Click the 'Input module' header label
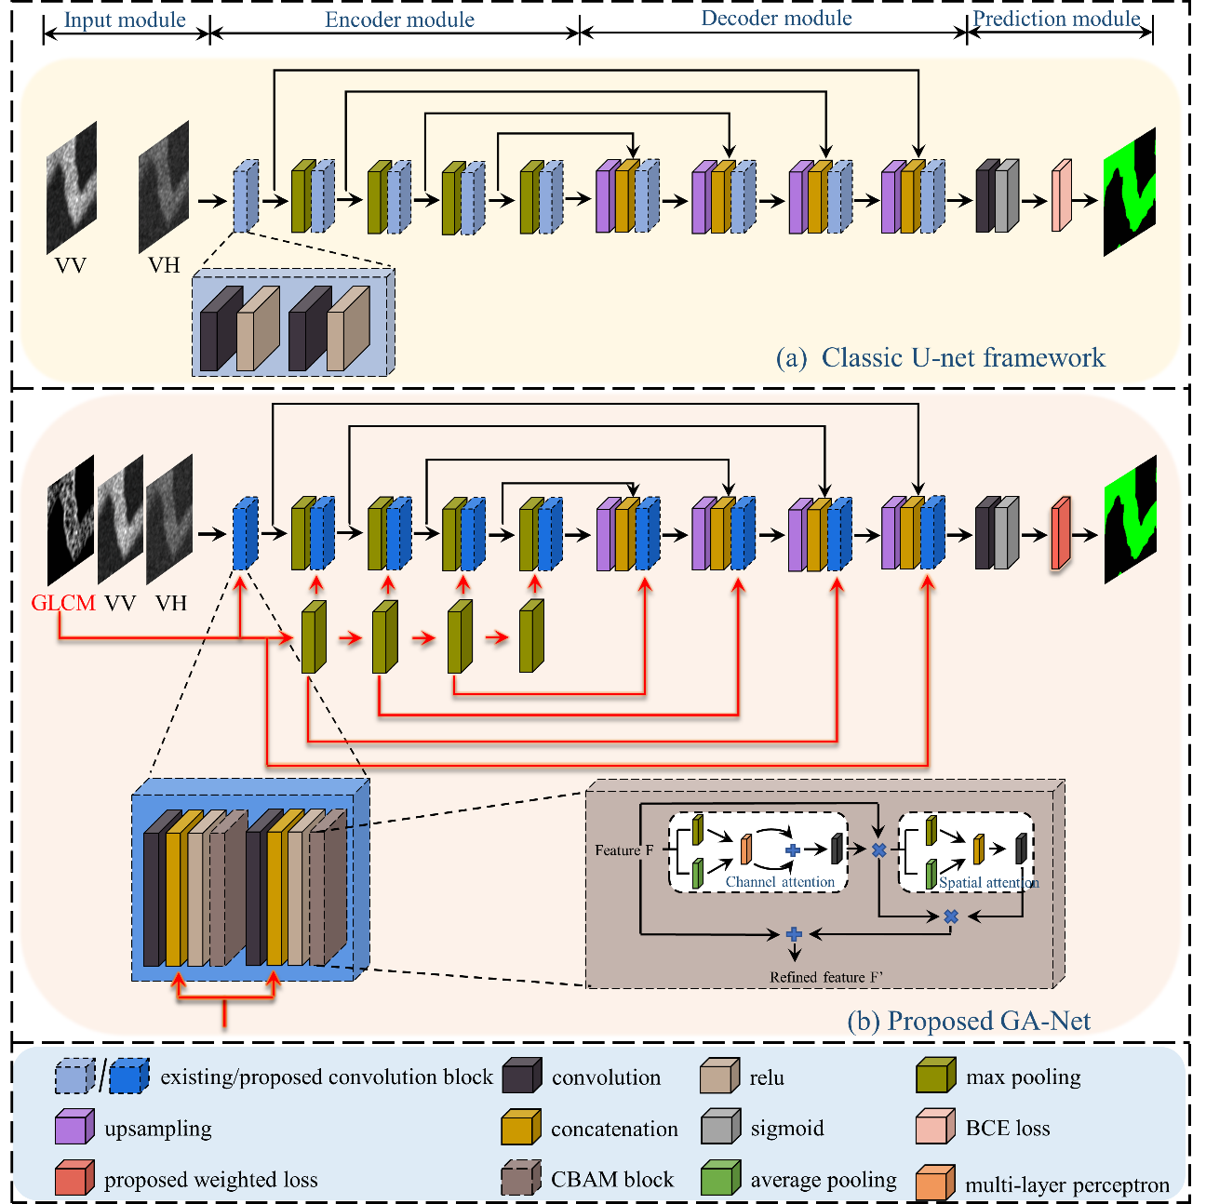(x=125, y=20)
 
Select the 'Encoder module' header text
(x=399, y=20)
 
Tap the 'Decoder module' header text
(x=776, y=19)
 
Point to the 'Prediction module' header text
(x=1056, y=19)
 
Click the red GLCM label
(x=63, y=603)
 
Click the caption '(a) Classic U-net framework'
(x=940, y=358)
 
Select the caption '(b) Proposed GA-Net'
(x=968, y=1021)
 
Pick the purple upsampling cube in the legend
(x=74, y=1129)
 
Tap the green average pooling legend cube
(x=720, y=1180)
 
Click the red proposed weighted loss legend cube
(x=74, y=1180)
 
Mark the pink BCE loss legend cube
(x=935, y=1128)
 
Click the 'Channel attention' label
(x=780, y=882)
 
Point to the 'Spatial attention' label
(x=988, y=883)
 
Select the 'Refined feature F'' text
(x=826, y=977)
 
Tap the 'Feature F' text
(x=623, y=850)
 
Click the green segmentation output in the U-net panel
(x=1130, y=193)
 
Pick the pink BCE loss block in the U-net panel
(x=1062, y=196)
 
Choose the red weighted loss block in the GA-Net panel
(x=1062, y=533)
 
